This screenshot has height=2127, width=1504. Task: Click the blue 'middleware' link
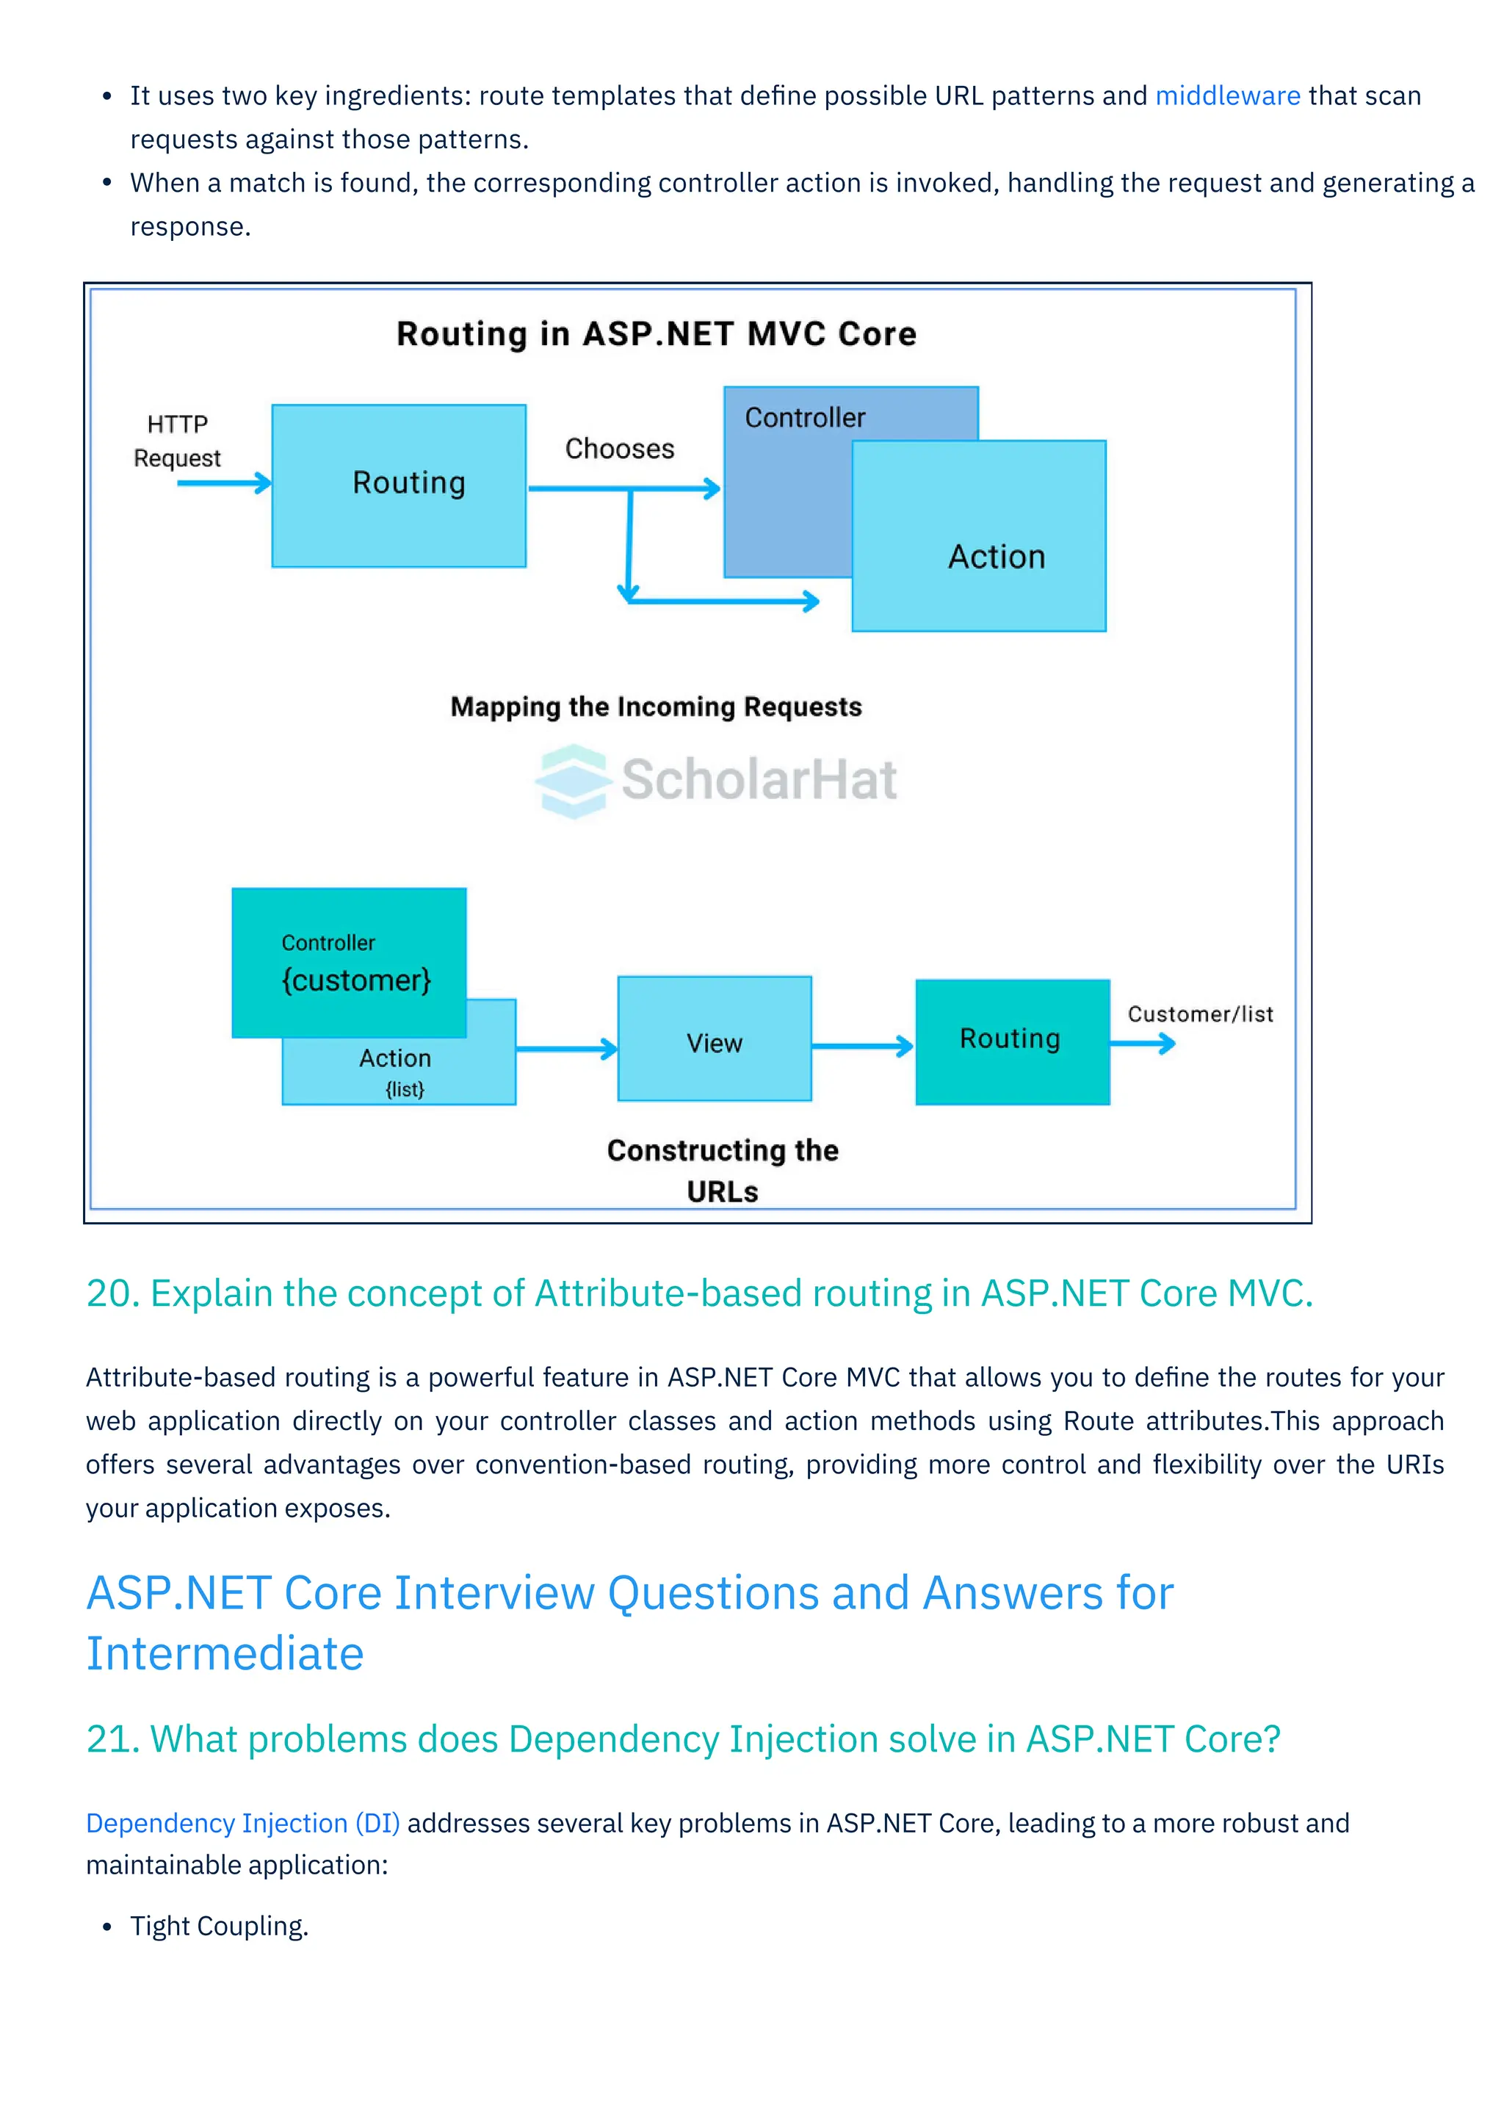pos(1227,95)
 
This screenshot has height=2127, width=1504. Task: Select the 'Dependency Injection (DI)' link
pos(242,1822)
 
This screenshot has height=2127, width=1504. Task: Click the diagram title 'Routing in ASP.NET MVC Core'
pos(656,333)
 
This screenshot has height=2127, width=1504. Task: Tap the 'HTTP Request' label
pos(177,441)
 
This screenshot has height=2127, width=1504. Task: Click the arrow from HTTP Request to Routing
pos(223,483)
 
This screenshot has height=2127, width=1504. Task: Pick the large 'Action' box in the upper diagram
pos(996,556)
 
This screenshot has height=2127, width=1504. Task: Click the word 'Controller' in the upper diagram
pos(805,418)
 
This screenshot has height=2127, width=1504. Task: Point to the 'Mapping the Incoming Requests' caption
pos(656,707)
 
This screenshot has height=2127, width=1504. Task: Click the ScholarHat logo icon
pos(574,780)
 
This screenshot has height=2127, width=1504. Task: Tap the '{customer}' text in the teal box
pos(357,980)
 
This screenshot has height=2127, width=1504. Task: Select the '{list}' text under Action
pos(405,1089)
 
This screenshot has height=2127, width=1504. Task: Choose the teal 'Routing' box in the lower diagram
pos(1011,1041)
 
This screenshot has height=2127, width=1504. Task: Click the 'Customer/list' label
pos(1199,1014)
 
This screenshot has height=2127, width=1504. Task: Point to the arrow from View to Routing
pos(862,1047)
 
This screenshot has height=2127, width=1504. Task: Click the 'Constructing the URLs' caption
pos(723,1169)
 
